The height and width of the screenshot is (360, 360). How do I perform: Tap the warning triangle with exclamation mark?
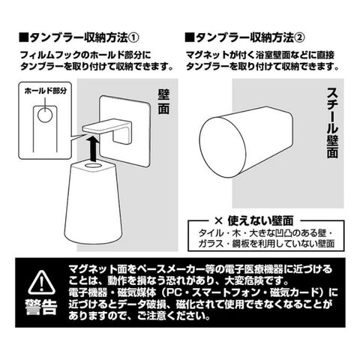coord(41,283)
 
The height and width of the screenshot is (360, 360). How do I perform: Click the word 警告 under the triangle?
coord(41,307)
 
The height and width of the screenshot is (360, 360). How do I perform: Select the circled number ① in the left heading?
coord(133,38)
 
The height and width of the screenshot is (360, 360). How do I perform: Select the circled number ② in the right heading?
coord(299,38)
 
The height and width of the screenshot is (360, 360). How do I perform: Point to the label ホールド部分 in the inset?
coord(46,91)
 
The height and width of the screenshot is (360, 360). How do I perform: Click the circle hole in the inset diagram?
coord(45,115)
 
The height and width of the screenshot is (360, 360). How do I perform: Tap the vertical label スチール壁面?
coord(332,123)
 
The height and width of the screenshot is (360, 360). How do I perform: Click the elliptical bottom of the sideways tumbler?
coord(223,148)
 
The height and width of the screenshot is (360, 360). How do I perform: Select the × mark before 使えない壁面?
coord(218,220)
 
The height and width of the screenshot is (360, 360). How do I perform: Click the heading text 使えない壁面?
coord(260,220)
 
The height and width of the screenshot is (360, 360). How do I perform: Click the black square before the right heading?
coord(189,38)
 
